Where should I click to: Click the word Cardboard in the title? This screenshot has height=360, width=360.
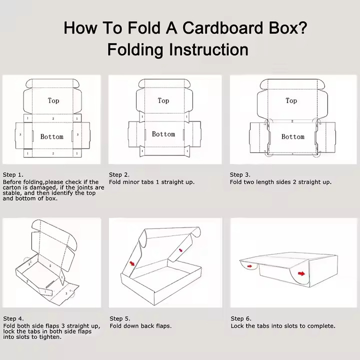coord(222,28)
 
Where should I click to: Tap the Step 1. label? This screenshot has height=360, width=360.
coord(13,174)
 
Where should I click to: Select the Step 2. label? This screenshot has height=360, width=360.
coord(119,174)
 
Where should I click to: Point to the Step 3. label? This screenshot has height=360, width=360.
coord(240,174)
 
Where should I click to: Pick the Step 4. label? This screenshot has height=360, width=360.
coord(13,318)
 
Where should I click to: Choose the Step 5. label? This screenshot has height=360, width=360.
coord(120,318)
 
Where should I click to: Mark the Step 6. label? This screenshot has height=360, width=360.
coord(240,318)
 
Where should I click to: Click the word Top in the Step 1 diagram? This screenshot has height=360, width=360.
coord(53,100)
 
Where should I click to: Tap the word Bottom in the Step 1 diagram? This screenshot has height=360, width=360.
coord(52,136)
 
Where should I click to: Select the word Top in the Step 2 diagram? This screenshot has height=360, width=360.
coord(163,100)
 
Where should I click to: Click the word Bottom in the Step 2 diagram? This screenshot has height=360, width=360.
coord(163,134)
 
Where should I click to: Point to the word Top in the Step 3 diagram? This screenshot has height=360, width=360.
coord(291,100)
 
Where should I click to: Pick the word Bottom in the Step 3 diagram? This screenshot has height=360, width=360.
coord(292,136)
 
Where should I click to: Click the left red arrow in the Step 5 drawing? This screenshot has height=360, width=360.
coord(132,263)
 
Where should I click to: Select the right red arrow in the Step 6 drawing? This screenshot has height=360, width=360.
coord(302,273)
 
